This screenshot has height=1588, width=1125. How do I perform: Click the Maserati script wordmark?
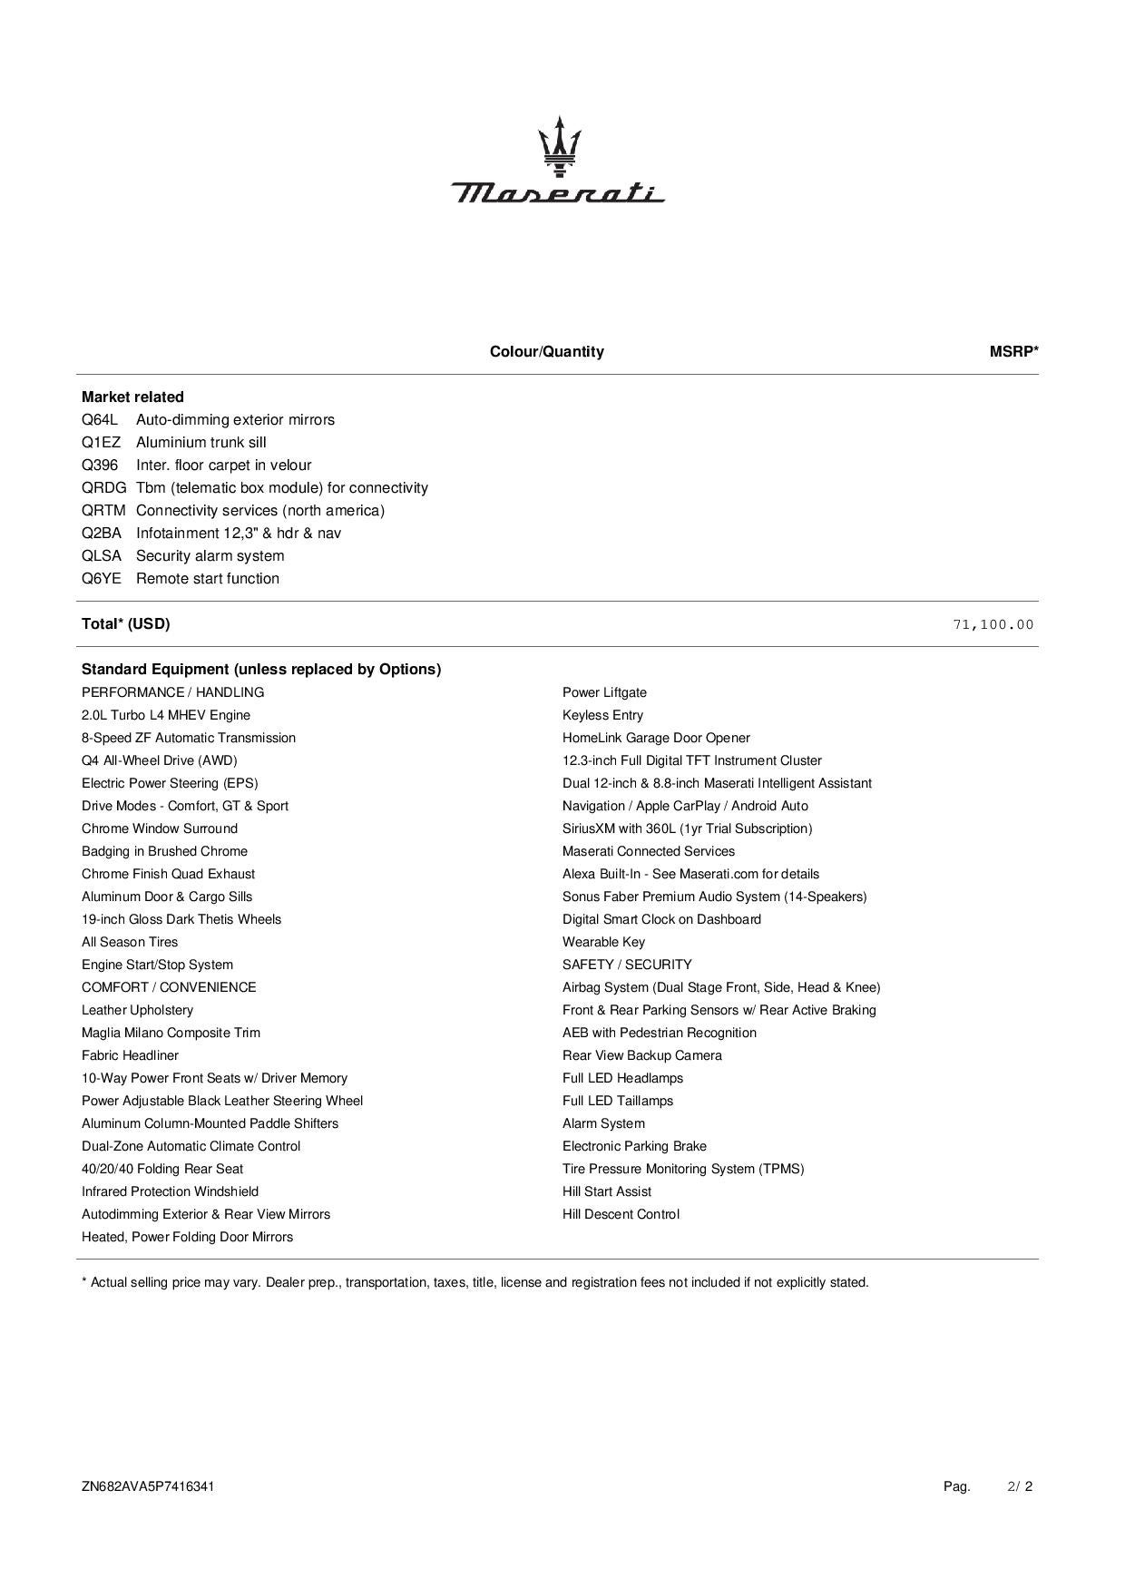558,192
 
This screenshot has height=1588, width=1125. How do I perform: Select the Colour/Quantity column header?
546,352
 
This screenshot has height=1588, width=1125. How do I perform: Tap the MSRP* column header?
1013,352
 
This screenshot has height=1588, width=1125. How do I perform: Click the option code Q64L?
100,420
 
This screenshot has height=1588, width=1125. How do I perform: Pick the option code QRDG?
103,488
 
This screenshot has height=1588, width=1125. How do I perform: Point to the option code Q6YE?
101,579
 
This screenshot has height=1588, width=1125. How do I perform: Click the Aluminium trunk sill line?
201,443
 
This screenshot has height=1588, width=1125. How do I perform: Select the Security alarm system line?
210,556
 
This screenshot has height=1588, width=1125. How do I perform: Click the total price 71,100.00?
993,624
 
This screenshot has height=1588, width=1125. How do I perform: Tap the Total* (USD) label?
125,624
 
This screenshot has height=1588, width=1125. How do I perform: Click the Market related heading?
132,397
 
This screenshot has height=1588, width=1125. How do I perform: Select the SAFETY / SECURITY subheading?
627,965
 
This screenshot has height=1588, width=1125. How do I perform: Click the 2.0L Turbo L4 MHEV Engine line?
166,715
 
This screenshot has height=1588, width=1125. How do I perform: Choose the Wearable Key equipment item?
603,942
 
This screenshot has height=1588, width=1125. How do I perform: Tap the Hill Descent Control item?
621,1214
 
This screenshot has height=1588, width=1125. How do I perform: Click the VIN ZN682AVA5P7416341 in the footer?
148,1486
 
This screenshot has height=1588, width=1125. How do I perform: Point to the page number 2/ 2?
1020,1486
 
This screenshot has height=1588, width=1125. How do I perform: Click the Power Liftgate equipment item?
604,692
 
